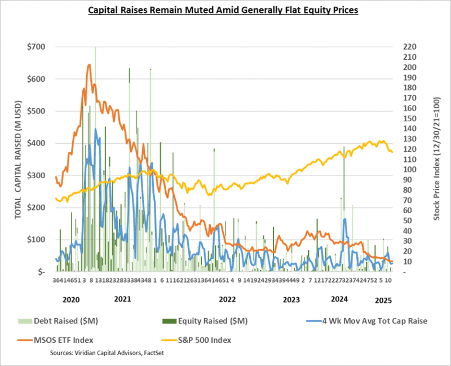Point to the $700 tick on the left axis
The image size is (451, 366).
pos(37,47)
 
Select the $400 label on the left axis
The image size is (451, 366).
pos(37,143)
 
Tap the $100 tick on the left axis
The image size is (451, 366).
pos(37,240)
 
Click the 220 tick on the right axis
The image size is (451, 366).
pos(409,47)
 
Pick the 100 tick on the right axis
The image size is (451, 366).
pos(409,170)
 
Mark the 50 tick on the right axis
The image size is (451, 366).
pos(408,221)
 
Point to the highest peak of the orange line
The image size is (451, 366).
pos(89,65)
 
